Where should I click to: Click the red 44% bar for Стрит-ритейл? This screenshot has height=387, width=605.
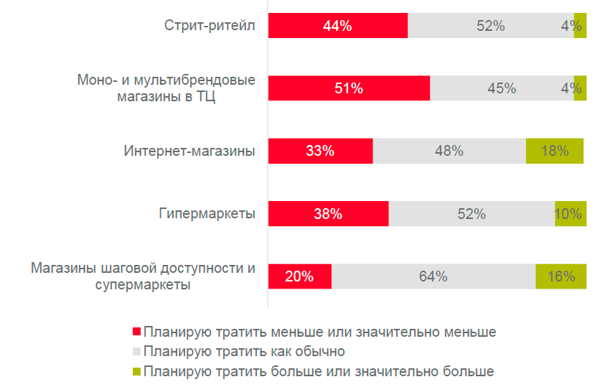pyautogui.click(x=338, y=26)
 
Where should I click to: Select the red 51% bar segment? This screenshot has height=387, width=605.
pyautogui.click(x=349, y=88)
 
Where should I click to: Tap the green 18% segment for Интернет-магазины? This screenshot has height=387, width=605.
pyautogui.click(x=555, y=151)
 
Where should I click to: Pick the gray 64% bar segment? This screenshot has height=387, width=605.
pyautogui.click(x=433, y=276)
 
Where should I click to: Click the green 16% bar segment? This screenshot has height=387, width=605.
pyautogui.click(x=561, y=276)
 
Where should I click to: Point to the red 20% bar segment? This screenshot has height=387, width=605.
pyautogui.click(x=300, y=276)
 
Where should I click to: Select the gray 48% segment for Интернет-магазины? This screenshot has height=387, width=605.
pyautogui.click(x=449, y=151)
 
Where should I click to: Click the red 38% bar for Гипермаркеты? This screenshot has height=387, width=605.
pyautogui.click(x=328, y=213)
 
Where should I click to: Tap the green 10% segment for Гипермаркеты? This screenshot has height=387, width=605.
pyautogui.click(x=571, y=213)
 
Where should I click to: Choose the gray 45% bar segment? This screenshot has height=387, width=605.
pyautogui.click(x=502, y=88)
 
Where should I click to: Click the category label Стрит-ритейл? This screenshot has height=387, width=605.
pyautogui.click(x=210, y=27)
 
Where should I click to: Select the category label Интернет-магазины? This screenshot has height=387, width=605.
pyautogui.click(x=189, y=151)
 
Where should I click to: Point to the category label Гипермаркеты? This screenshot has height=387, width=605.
pyautogui.click(x=207, y=213)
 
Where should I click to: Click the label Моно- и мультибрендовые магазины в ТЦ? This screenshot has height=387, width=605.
pyautogui.click(x=166, y=89)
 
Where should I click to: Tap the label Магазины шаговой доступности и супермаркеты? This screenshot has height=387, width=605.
pyautogui.click(x=143, y=276)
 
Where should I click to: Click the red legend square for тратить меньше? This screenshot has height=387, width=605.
pyautogui.click(x=136, y=332)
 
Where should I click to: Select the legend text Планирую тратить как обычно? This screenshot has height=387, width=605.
pyautogui.click(x=244, y=352)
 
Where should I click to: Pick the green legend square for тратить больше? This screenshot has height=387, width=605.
pyautogui.click(x=136, y=372)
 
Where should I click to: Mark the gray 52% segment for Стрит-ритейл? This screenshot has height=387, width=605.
pyautogui.click(x=491, y=26)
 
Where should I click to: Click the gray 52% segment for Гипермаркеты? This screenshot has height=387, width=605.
pyautogui.click(x=472, y=213)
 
